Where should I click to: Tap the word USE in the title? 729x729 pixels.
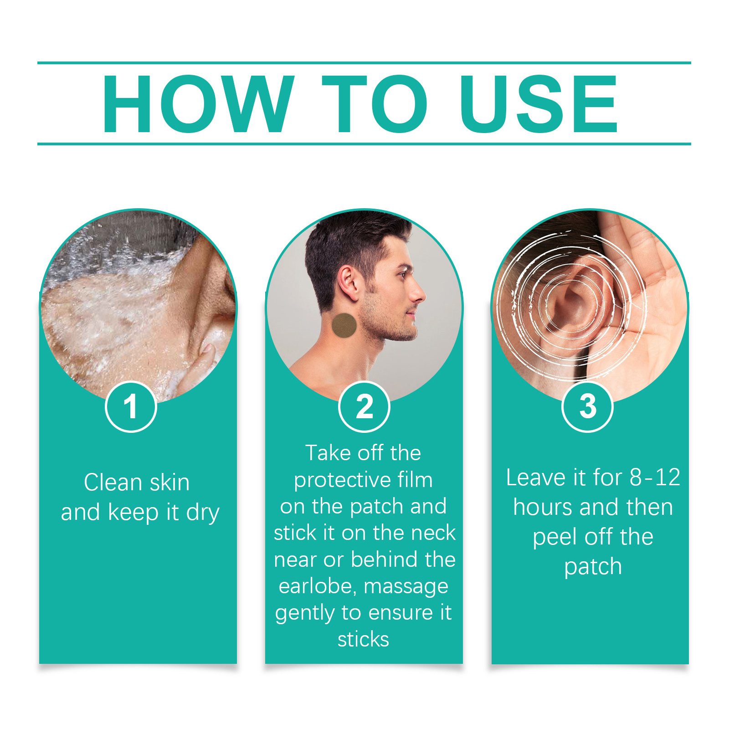click(x=539, y=104)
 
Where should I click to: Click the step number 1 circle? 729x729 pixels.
click(x=131, y=406)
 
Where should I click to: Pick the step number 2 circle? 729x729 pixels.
click(x=364, y=406)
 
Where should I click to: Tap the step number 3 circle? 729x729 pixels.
click(x=588, y=406)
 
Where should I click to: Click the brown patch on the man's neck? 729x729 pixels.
click(x=344, y=325)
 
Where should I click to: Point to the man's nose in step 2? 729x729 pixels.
click(x=418, y=294)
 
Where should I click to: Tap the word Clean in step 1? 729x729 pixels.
click(x=113, y=482)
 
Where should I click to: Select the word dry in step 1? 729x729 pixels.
click(x=203, y=513)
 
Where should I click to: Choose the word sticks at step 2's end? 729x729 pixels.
click(x=363, y=639)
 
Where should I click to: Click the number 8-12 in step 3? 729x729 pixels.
click(x=655, y=477)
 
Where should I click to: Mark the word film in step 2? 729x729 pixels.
click(x=415, y=479)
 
